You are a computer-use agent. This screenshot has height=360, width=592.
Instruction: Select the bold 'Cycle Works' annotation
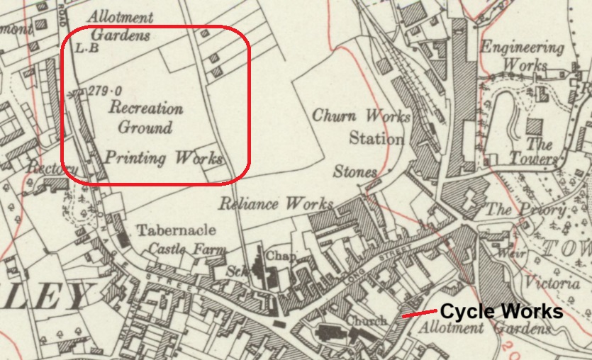502,312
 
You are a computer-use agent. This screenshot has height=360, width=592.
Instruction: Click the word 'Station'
377,137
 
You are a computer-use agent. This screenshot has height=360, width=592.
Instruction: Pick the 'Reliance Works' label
276,203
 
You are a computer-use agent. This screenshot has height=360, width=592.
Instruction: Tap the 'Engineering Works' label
523,56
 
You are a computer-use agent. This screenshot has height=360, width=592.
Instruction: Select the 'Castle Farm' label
188,249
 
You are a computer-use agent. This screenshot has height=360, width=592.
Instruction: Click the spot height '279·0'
104,91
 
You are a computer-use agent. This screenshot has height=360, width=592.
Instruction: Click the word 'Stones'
356,172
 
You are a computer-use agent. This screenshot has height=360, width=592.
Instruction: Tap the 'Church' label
367,320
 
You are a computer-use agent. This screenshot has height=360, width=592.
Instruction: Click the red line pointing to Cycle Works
418,313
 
